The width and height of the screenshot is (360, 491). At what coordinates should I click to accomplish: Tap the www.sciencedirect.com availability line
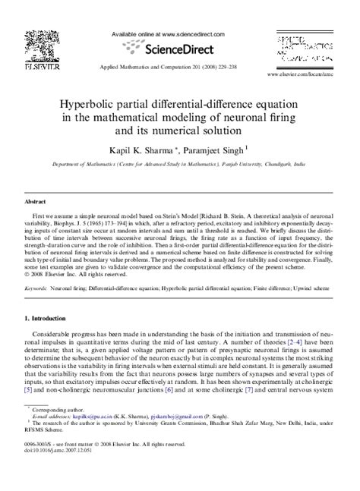click(170, 35)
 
